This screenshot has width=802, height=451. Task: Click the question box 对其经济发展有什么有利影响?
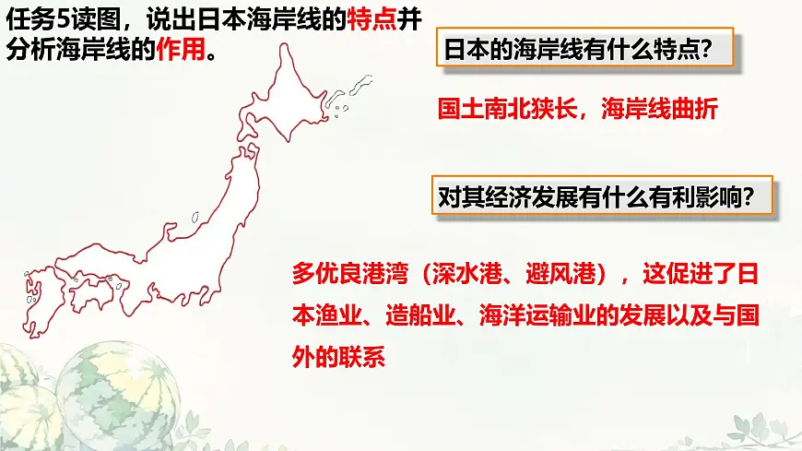[x=596, y=196]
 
